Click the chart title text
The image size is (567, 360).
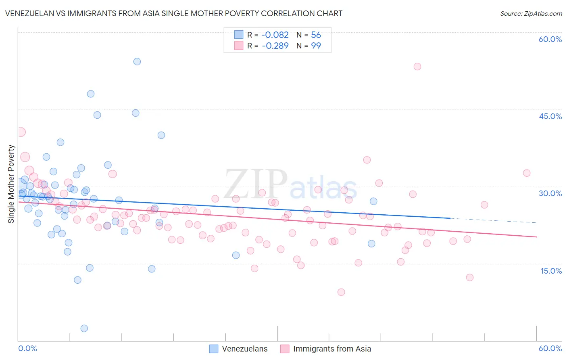[173, 13]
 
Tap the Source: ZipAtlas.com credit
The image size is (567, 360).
[531, 13]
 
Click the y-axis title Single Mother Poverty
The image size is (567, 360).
[11, 184]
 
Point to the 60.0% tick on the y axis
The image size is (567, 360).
[550, 39]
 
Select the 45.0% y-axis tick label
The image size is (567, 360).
[550, 116]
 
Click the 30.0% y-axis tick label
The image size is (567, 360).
[550, 193]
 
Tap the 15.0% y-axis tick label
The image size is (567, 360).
[551, 271]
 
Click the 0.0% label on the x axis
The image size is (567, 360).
[27, 348]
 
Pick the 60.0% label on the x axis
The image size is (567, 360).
[550, 348]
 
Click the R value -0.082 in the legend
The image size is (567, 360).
[275, 35]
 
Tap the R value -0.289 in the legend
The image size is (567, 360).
[275, 46]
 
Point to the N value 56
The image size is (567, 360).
[316, 35]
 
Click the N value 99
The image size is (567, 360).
[316, 46]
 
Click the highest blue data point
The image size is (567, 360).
[137, 62]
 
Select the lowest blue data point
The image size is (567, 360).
[84, 329]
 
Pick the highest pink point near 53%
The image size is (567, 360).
[417, 67]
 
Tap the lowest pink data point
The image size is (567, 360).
[341, 292]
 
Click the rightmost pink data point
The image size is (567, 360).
[527, 173]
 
